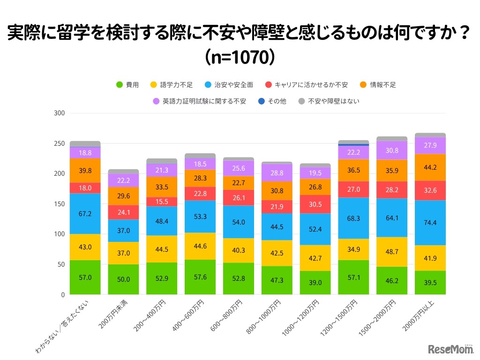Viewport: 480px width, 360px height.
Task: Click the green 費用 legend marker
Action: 120,85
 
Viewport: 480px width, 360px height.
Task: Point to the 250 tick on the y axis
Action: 59,143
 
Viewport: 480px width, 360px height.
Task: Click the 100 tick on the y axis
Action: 59,234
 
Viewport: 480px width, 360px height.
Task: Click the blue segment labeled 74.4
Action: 430,223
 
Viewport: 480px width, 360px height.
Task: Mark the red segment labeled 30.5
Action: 315,204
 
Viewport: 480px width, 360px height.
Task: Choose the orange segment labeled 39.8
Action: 85,170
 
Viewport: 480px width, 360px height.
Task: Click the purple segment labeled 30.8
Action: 391,150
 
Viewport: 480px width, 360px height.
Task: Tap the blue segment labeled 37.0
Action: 123,231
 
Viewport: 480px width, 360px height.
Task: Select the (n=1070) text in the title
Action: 240,57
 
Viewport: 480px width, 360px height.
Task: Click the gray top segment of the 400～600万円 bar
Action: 200,156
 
